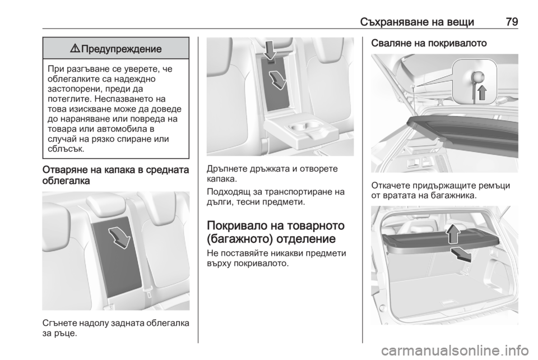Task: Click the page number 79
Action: point(512,22)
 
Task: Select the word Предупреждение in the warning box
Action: point(122,49)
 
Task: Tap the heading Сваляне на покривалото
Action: point(429,43)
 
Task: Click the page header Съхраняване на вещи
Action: point(417,22)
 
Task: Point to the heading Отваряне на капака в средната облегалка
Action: point(115,175)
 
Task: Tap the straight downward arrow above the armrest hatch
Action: point(271,51)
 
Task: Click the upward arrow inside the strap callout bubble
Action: point(482,91)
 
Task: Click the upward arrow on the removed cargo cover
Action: point(453,233)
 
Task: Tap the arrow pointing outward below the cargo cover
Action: point(461,254)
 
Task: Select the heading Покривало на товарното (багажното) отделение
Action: point(276,232)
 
